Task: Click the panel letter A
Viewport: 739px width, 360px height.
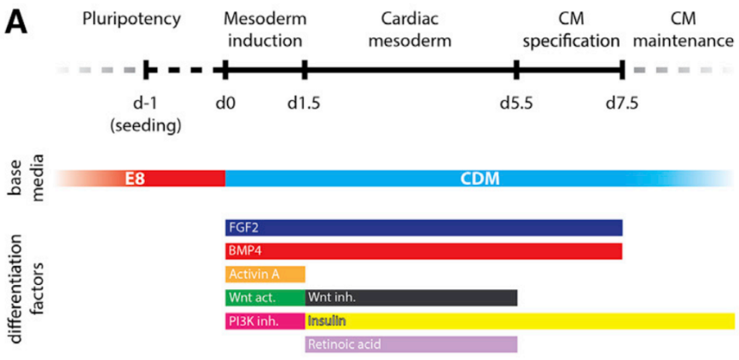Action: pyautogui.click(x=15, y=24)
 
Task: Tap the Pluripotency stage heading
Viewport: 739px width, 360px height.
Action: pyautogui.click(x=131, y=20)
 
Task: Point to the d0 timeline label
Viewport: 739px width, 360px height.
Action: pyautogui.click(x=224, y=102)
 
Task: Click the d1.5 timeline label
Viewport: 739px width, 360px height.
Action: pyautogui.click(x=305, y=102)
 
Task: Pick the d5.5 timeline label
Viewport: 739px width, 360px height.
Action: pyautogui.click(x=517, y=102)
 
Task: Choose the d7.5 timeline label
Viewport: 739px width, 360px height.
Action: pyautogui.click(x=623, y=102)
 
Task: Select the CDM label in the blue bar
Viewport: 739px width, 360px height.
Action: pyautogui.click(x=480, y=179)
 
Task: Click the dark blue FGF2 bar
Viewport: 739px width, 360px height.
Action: pyautogui.click(x=424, y=228)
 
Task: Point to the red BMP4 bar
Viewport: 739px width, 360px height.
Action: pyautogui.click(x=424, y=251)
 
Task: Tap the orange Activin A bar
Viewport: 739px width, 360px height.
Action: pyautogui.click(x=265, y=274)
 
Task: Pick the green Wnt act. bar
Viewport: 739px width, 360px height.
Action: pyautogui.click(x=265, y=298)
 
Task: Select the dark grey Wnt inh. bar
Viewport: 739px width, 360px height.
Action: pyautogui.click(x=411, y=298)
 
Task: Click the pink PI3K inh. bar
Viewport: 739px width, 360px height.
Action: pyautogui.click(x=265, y=322)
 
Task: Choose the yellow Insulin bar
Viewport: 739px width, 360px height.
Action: pyautogui.click(x=521, y=322)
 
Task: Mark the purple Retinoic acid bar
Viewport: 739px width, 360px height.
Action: pyautogui.click(x=411, y=345)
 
